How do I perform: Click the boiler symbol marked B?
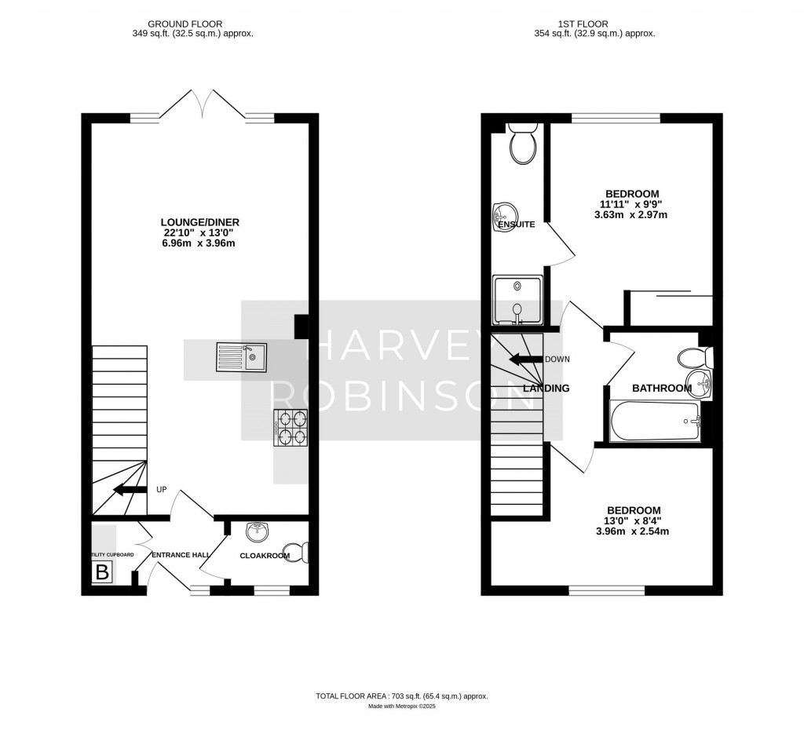(102, 572)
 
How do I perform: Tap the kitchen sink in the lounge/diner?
(243, 356)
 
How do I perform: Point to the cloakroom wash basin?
(257, 533)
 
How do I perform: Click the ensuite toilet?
(521, 141)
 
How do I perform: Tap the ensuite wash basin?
(503, 214)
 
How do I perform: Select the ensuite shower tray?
(517, 299)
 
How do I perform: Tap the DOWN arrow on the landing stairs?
(526, 360)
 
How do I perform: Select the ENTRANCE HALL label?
(181, 555)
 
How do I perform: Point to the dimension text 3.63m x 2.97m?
(631, 215)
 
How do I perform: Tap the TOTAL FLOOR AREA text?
(402, 696)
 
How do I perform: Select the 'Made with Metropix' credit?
(402, 706)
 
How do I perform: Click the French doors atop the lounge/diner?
(203, 106)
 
